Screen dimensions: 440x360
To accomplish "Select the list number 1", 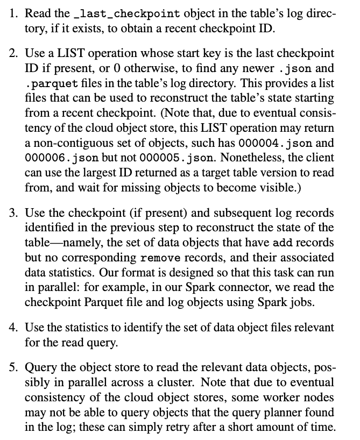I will (14, 13).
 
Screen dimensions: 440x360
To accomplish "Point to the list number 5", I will (14, 368).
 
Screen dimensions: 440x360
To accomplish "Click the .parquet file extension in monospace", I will (48, 84).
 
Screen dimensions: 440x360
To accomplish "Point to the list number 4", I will (14, 327).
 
